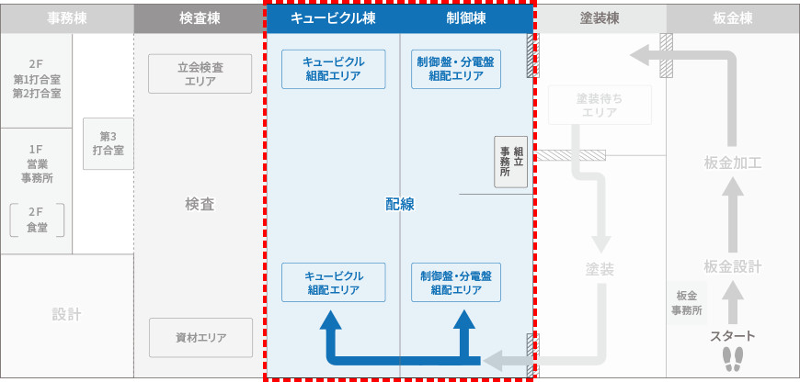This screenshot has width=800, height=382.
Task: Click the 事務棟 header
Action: (66, 18)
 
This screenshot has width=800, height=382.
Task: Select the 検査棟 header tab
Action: (199, 18)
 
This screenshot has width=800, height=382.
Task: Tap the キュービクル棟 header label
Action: (332, 18)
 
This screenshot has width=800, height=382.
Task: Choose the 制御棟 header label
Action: (465, 18)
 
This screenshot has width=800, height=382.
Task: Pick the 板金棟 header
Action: (732, 18)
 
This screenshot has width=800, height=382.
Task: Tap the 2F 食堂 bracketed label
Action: (38, 219)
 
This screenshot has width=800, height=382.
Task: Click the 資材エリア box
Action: (200, 336)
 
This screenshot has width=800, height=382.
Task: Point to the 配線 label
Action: (400, 205)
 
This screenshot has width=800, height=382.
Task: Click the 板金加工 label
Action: (732, 163)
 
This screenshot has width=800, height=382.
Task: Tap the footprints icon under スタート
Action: (732, 357)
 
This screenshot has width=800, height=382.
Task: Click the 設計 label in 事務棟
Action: (66, 315)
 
